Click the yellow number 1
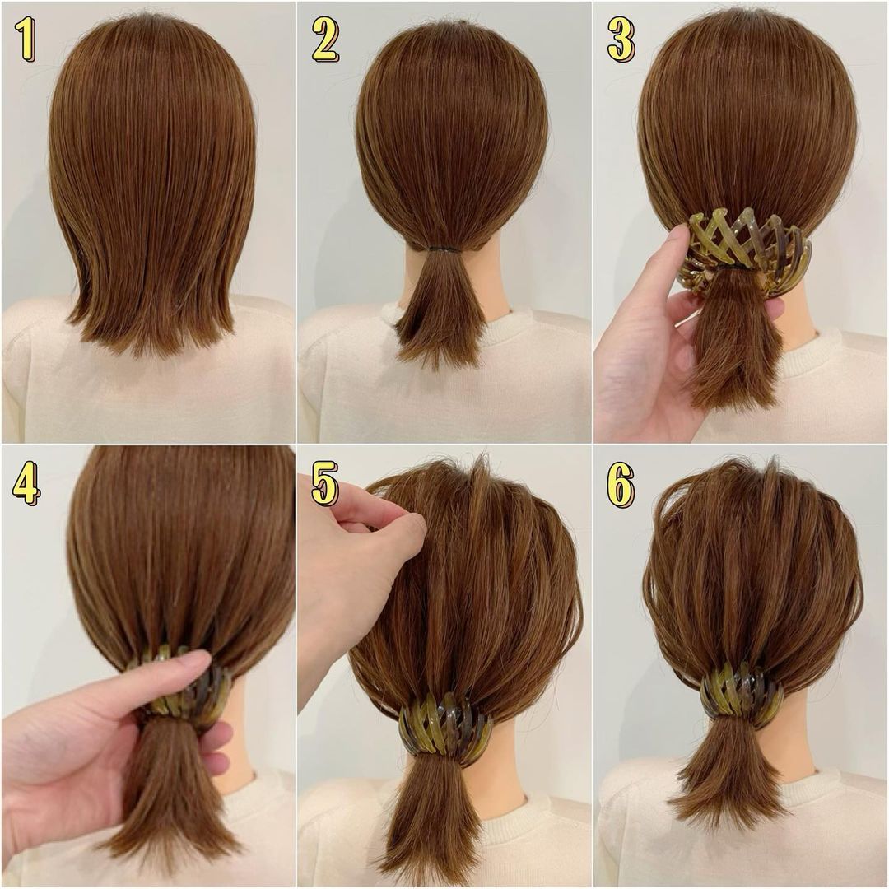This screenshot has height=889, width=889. click(x=26, y=39)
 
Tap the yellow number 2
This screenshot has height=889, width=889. click(x=325, y=40)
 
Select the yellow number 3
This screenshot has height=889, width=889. click(x=621, y=40)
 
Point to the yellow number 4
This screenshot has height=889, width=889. click(x=26, y=482)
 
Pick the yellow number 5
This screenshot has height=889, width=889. click(x=325, y=482)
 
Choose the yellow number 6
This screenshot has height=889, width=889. click(x=621, y=482)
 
